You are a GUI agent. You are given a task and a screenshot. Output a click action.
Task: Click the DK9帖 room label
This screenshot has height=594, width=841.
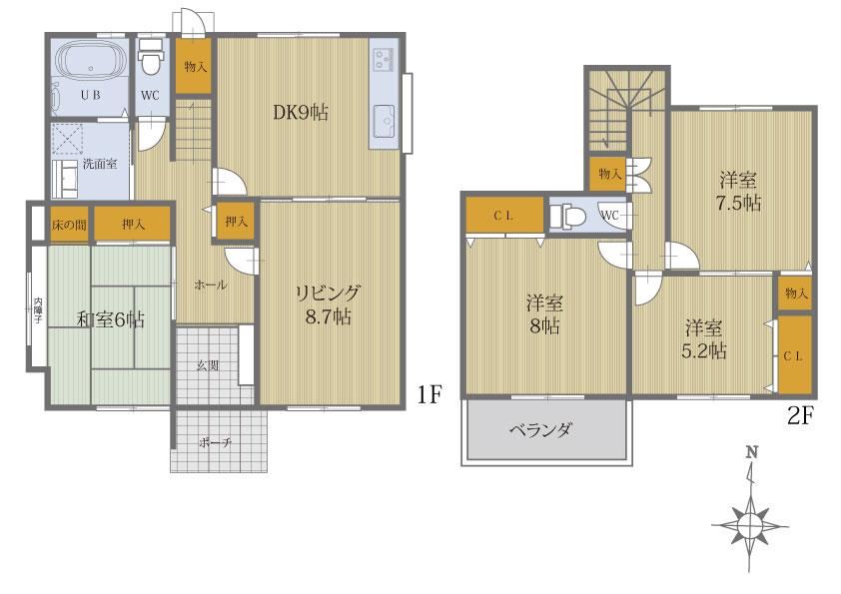point(301,113)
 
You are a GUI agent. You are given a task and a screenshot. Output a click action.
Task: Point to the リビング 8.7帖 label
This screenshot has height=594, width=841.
point(328,305)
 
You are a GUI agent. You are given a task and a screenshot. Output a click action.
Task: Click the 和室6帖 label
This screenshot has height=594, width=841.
point(111,320)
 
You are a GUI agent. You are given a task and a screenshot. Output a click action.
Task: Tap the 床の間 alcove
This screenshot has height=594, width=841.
point(69,224)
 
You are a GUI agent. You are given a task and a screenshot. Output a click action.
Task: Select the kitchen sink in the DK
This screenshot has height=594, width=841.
point(385,121)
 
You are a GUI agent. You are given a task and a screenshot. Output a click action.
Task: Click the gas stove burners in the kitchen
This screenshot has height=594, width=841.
point(384,59)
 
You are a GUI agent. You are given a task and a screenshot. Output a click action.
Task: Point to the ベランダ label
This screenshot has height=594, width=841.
point(541,430)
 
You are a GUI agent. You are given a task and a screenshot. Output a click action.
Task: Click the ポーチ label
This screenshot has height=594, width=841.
point(215,443)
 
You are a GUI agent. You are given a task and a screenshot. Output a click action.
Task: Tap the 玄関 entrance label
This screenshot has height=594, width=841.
point(207,366)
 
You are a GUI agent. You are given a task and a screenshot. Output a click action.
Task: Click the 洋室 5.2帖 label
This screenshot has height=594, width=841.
point(704,338)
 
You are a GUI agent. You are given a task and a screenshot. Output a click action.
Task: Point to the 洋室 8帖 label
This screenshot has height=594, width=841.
point(544,314)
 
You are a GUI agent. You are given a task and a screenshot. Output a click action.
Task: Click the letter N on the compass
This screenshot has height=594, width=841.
point(752,452)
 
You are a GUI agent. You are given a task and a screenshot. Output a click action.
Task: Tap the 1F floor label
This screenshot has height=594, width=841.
point(429,395)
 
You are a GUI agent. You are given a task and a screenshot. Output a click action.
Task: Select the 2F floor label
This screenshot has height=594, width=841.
point(801,416)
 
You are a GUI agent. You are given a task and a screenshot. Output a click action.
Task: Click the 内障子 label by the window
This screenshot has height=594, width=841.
point(38,310)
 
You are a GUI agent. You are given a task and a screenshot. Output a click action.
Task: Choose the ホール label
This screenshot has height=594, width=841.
point(210,285)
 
